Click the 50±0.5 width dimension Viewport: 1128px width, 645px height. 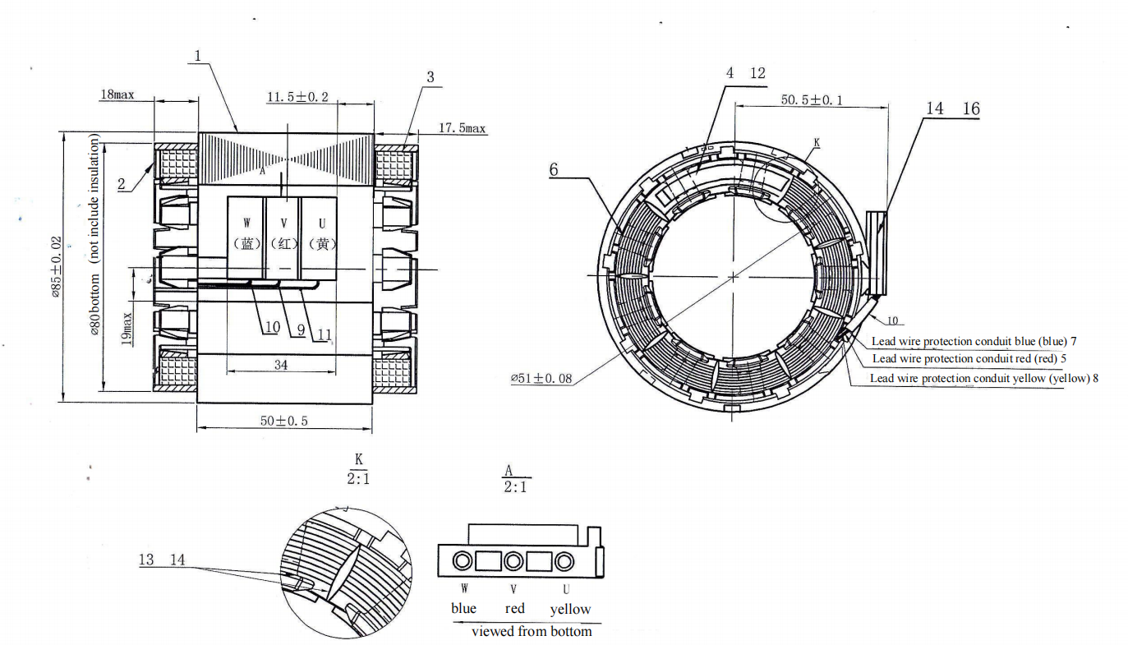[283, 420]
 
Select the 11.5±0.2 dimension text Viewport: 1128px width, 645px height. [297, 97]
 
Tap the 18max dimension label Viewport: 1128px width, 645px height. [117, 94]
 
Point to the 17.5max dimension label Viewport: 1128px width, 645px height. [462, 128]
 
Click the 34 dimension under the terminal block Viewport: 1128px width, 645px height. [281, 365]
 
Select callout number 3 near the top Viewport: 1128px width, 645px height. [430, 77]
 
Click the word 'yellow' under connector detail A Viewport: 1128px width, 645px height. [570, 609]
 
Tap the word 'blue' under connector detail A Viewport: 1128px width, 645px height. [463, 609]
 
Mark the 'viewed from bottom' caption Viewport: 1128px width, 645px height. [531, 631]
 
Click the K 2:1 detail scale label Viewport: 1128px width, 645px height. [358, 468]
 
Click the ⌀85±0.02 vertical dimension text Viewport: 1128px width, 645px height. [57, 268]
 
